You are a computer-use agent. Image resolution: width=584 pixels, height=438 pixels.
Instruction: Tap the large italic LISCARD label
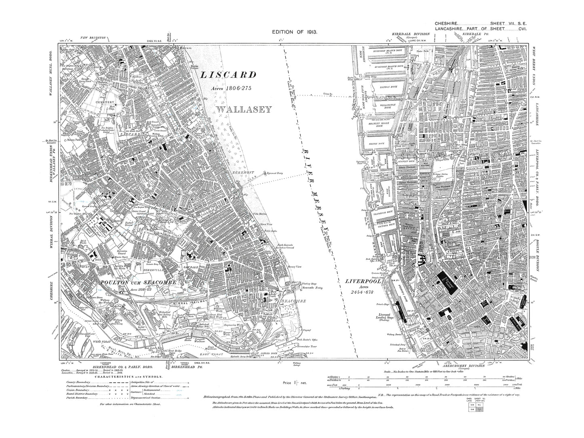point(228,75)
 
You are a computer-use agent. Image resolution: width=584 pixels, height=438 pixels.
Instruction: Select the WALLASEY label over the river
point(243,109)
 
